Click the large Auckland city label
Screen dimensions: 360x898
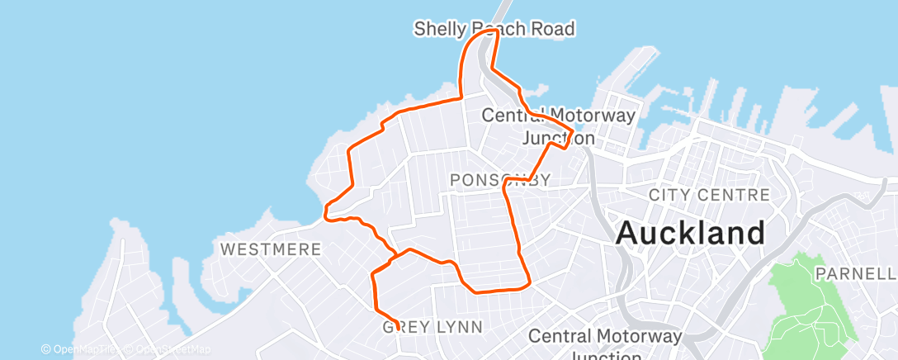(x=690, y=233)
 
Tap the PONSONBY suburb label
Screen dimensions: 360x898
(x=499, y=180)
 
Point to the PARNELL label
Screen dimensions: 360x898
(x=855, y=272)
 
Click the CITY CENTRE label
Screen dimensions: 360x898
(x=709, y=196)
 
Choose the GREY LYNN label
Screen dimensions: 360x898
(x=432, y=327)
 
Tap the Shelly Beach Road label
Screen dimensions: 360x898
(x=494, y=30)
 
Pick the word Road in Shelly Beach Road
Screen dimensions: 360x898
(x=553, y=30)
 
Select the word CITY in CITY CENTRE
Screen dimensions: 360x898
(x=670, y=196)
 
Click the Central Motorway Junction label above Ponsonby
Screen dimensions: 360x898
(x=559, y=126)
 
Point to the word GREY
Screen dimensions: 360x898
(x=405, y=327)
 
